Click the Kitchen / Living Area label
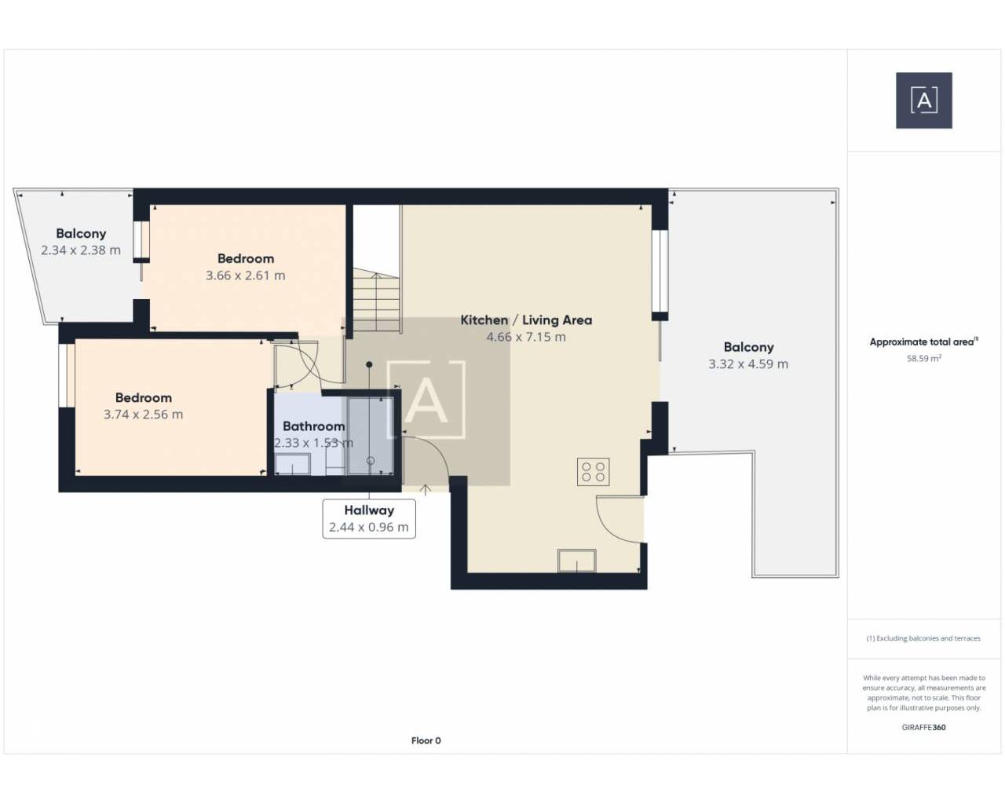coord(526,320)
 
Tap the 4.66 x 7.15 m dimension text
coord(526,337)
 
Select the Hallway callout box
coord(369,518)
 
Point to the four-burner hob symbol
coord(593,472)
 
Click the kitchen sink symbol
coord(577,560)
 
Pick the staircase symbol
coord(376,300)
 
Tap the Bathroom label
coord(314,426)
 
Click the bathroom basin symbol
coord(292,464)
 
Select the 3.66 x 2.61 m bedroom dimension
coord(246,276)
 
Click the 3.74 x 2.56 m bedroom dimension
coord(144,415)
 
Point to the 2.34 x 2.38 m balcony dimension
coord(81,250)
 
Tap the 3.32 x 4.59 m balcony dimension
coord(748,364)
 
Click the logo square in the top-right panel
coord(924,100)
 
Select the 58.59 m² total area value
coord(924,359)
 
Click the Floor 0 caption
coord(426,740)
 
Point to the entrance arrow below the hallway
coord(425,490)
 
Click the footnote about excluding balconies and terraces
coord(923,638)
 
